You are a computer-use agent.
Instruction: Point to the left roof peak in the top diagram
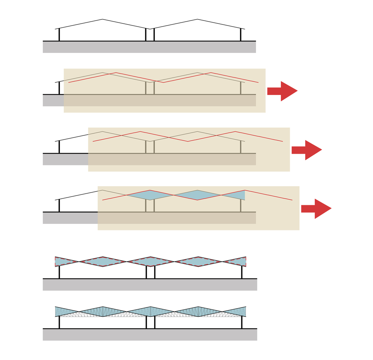tap(103, 19)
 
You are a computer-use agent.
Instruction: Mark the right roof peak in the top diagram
tap(197, 19)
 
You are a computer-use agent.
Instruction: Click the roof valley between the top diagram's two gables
tap(150, 28)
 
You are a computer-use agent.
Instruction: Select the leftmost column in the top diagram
tap(59, 35)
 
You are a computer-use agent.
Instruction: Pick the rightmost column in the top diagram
tap(241, 35)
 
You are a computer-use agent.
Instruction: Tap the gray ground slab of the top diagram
tap(149, 47)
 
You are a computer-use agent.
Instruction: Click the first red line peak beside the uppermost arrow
tap(116, 73)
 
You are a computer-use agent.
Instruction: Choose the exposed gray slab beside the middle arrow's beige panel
tap(65, 159)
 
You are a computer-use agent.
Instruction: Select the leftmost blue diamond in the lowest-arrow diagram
tap(149, 195)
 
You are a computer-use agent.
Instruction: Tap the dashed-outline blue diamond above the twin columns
tap(150, 261)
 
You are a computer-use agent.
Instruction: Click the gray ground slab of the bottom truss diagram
tap(150, 335)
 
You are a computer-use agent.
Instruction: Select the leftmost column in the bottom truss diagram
tap(59, 323)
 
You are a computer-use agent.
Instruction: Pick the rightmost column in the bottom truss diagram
tap(242, 323)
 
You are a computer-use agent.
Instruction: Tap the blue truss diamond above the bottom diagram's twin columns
tap(150, 311)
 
